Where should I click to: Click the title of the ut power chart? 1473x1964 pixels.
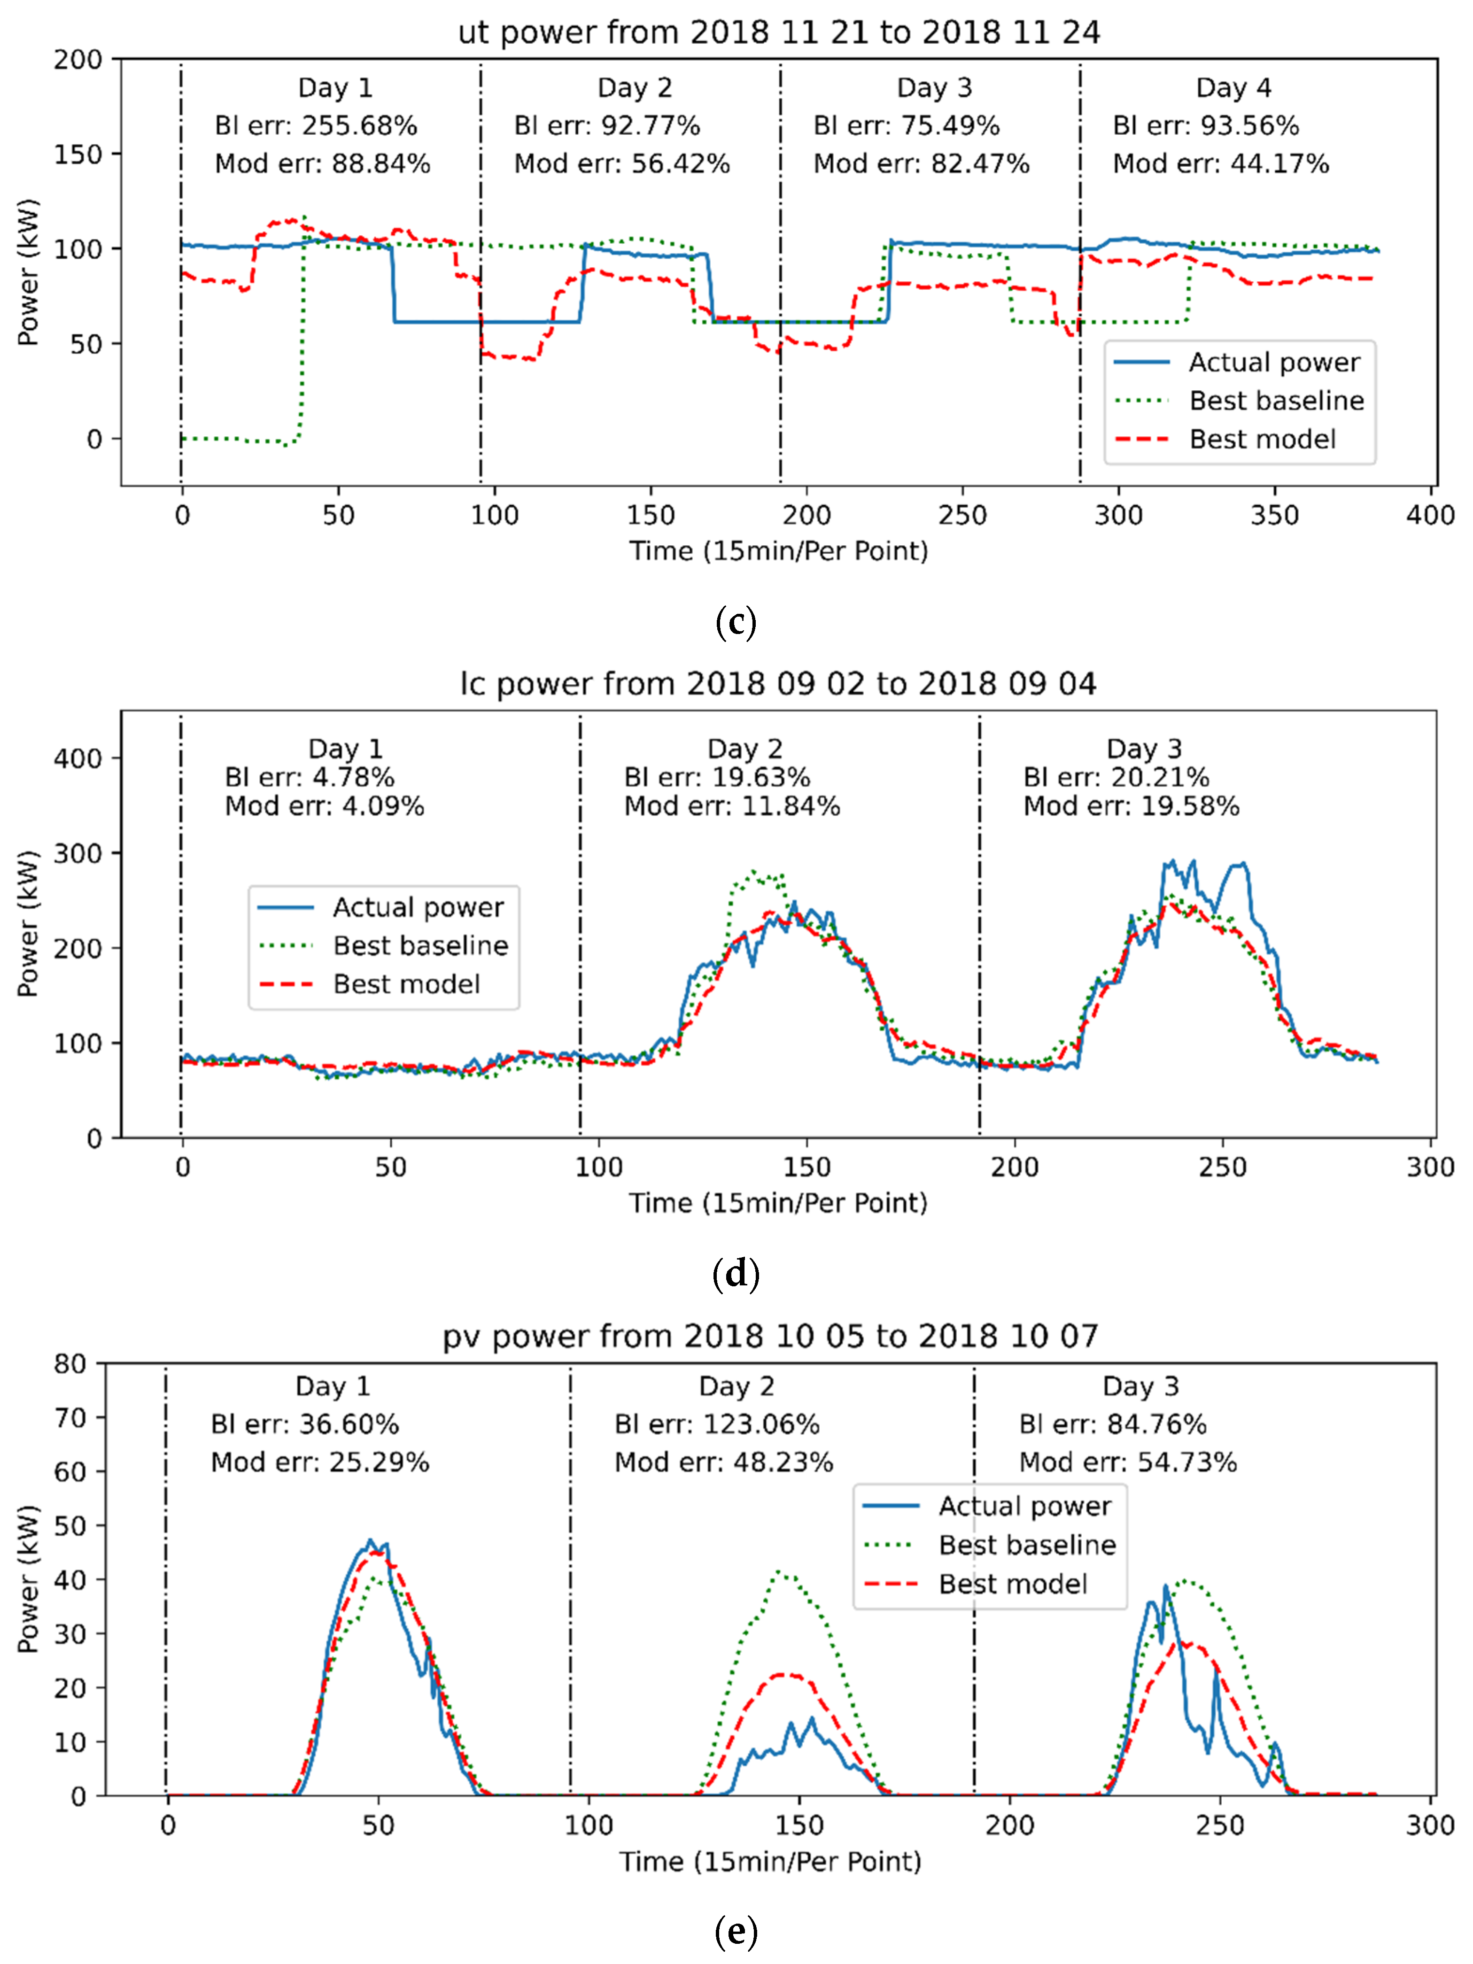(779, 33)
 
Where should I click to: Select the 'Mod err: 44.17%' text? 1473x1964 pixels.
(1221, 164)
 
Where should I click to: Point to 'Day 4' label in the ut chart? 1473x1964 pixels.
(1233, 88)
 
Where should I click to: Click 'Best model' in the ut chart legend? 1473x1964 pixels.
(1262, 440)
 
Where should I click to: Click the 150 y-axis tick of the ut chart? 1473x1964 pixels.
(78, 155)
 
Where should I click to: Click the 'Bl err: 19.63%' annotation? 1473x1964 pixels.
(716, 778)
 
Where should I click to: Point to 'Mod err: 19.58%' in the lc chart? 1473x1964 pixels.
(1131, 806)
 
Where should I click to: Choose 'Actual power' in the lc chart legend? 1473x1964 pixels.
(417, 907)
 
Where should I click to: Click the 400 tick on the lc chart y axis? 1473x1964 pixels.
(78, 759)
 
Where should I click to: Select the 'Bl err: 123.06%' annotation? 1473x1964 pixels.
(716, 1425)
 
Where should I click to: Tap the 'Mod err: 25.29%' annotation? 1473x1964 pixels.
(320, 1462)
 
